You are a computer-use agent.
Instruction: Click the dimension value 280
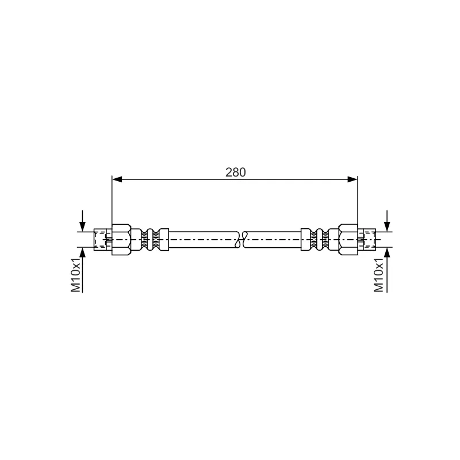[235, 172]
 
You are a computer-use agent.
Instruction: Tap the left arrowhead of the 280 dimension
[117, 179]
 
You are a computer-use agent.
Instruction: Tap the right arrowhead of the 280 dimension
[352, 179]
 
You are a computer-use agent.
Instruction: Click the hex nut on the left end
[121, 239]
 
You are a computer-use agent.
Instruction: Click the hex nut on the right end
[348, 239]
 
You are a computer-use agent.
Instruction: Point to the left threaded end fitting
[103, 239]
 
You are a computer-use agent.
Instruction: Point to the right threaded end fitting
[367, 239]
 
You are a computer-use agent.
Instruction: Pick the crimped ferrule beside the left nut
[150, 239]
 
